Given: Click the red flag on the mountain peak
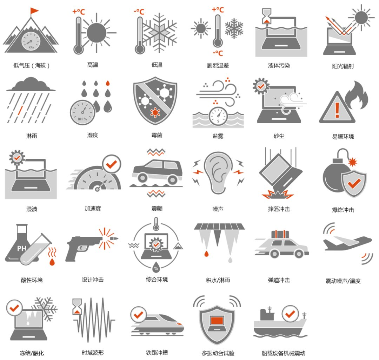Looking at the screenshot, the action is point(34,11).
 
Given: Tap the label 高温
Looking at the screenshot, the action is point(93,65).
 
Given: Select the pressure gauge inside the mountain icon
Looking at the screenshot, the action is point(31,41).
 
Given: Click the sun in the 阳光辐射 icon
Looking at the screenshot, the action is point(361,18).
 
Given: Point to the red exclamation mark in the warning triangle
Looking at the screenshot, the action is point(337,110).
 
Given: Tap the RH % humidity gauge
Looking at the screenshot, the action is point(82,112).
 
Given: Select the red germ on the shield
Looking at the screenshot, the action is point(155,112).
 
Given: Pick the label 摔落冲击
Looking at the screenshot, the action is point(279,209).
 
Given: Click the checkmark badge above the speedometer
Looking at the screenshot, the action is point(112,164).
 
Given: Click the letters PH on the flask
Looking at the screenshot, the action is point(21,248).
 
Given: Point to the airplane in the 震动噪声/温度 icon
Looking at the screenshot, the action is point(347,243).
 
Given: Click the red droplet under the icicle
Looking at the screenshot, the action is point(206,254).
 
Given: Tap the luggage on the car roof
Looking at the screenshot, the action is point(280,234).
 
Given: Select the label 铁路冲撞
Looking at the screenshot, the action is point(157,353).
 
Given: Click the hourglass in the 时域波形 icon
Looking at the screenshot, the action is point(77,306).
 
